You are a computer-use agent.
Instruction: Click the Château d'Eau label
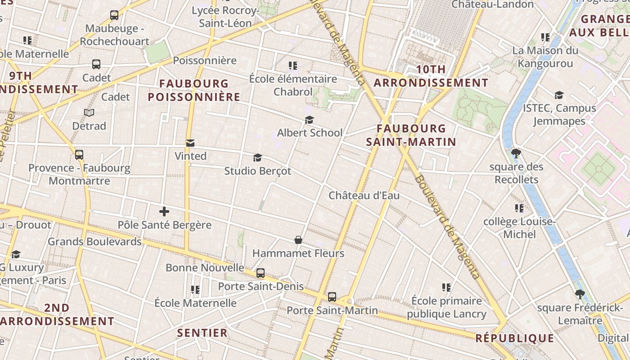tap(364, 196)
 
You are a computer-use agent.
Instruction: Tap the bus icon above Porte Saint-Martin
tap(332, 297)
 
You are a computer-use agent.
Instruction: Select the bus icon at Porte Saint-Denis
tap(260, 273)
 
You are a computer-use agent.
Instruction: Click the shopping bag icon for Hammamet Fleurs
tap(298, 240)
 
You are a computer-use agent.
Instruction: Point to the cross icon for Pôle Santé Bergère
tap(164, 211)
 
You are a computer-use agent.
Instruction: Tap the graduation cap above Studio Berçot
tap(257, 157)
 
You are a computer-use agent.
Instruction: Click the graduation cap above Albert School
tap(309, 120)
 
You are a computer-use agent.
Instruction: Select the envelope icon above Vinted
tap(190, 143)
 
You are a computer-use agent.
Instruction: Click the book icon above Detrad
tap(89, 112)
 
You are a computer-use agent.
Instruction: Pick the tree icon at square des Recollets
tap(516, 153)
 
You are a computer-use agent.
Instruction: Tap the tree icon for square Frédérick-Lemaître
tap(580, 294)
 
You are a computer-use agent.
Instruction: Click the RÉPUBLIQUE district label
tap(515, 338)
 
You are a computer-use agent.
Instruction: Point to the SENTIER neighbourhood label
tap(202, 333)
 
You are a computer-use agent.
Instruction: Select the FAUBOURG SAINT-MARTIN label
tap(411, 135)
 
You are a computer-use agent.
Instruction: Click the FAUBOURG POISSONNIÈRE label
tap(194, 90)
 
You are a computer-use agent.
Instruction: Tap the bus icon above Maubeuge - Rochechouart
tap(114, 15)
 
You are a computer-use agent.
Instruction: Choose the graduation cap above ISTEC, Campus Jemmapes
tap(559, 95)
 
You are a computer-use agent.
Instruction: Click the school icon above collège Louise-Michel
tap(519, 208)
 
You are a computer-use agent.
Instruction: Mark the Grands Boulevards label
tap(94, 242)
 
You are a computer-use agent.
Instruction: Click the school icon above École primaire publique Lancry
tap(446, 287)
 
